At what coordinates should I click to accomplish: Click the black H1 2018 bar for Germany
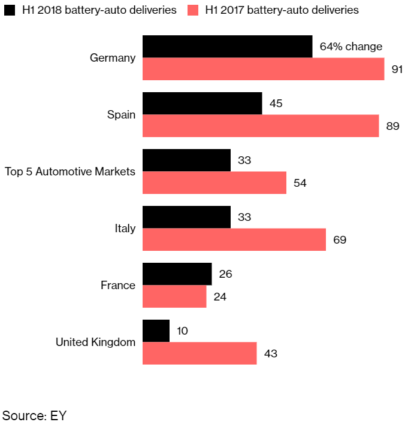pos(227,47)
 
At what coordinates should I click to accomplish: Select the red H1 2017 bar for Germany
pos(263,69)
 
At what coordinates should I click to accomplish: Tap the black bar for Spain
pos(202,104)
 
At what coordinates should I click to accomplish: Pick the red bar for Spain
pos(261,126)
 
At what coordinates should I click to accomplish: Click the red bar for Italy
pos(234,239)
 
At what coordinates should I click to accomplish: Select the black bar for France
pos(177,274)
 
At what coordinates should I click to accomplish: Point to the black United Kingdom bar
pos(156,330)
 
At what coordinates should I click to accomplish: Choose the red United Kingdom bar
pos(200,353)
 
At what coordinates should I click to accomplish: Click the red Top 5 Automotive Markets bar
pos(214,183)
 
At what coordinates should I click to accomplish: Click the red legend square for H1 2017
pos(193,10)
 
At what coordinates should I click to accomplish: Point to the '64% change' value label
pos(351,47)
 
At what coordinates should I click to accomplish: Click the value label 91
pos(397,69)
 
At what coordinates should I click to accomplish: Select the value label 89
pos(392,126)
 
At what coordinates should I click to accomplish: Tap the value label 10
pos(183,331)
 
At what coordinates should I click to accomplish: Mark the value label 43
pos(270,354)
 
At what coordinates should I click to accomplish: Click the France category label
pos(118,286)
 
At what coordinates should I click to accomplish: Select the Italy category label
pos(125,229)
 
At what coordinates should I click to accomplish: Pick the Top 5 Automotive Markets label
pos(70,172)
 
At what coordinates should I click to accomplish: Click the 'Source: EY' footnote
pos(34,415)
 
